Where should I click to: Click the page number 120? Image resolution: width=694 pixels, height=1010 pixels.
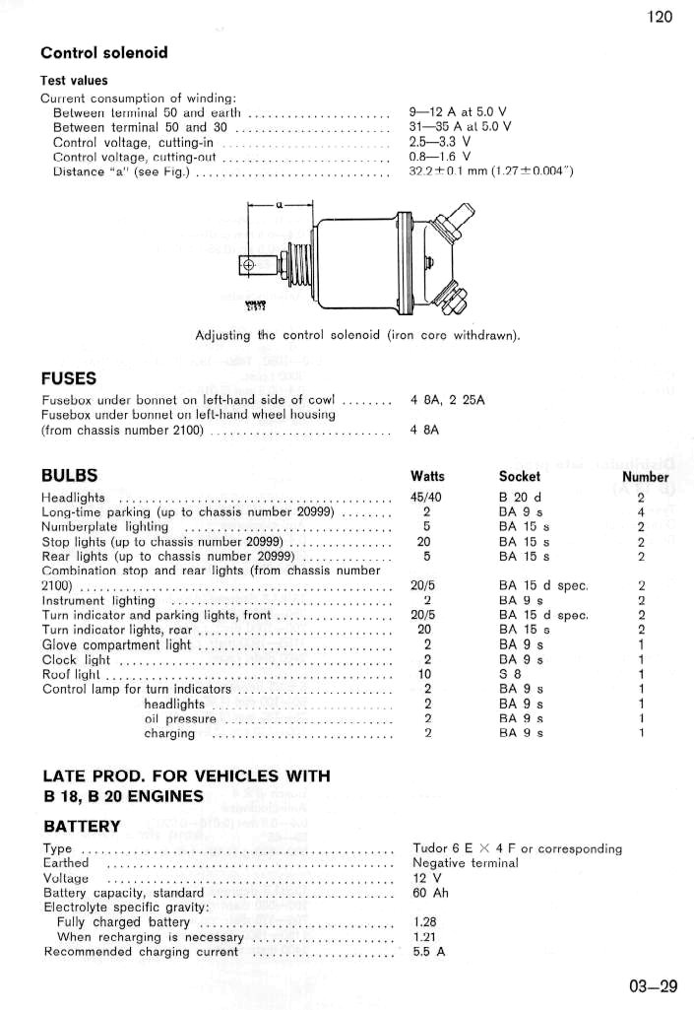pyautogui.click(x=660, y=17)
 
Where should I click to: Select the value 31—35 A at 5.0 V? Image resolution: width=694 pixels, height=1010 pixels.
pyautogui.click(x=460, y=126)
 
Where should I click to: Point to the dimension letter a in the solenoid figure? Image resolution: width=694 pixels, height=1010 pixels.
pyautogui.click(x=280, y=205)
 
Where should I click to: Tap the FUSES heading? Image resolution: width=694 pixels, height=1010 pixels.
pyautogui.click(x=68, y=377)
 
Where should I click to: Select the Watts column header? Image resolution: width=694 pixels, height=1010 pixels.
pyautogui.click(x=426, y=477)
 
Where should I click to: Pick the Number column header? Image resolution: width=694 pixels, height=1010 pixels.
pyautogui.click(x=645, y=477)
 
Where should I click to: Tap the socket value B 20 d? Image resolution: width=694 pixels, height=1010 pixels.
pyautogui.click(x=520, y=498)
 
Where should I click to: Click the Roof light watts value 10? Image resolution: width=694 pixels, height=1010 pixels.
pyautogui.click(x=426, y=674)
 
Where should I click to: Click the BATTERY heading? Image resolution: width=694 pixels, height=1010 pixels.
pyautogui.click(x=82, y=826)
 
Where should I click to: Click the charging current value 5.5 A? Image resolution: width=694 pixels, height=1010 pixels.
pyautogui.click(x=429, y=952)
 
